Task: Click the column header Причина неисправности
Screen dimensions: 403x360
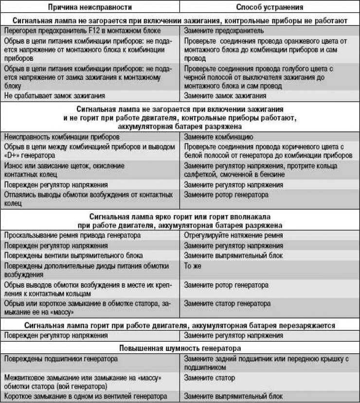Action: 90,7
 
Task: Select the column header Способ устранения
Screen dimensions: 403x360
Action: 270,7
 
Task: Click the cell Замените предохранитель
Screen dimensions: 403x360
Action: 224,30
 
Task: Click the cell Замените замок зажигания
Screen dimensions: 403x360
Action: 225,96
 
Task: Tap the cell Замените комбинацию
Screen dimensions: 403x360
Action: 218,137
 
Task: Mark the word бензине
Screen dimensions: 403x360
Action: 272,175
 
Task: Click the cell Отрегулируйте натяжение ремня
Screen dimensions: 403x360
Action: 234,236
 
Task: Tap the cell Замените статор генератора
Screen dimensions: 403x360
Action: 227,304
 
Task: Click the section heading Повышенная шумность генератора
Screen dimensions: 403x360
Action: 180,348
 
